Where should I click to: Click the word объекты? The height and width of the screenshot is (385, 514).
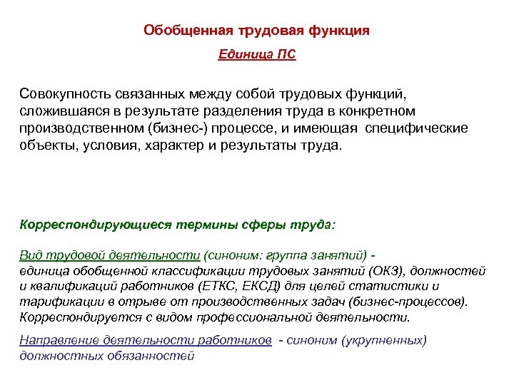click(x=46, y=146)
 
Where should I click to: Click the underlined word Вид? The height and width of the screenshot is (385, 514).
click(x=31, y=256)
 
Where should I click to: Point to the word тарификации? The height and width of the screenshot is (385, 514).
click(x=56, y=302)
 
